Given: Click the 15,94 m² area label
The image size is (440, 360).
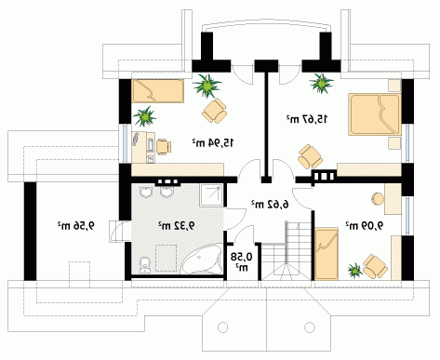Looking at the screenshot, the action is (213, 143).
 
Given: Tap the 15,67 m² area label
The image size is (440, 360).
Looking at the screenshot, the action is (307, 119).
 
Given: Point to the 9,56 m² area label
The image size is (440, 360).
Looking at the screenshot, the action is (76, 226).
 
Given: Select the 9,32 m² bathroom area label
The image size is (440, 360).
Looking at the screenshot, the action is (177, 225).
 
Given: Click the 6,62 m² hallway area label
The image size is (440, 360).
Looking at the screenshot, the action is (270, 205).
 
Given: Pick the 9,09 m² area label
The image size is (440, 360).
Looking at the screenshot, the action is (365, 225).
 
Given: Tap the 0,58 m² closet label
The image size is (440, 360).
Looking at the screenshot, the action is (242, 261).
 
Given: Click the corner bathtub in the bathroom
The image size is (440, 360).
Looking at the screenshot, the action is (202, 259).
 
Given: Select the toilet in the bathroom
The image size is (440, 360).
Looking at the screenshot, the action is (144, 265).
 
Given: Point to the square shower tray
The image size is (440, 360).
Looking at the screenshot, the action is (211, 195).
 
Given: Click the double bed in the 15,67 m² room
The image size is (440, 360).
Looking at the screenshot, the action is (375, 114).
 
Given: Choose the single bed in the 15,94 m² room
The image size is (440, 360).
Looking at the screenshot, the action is (158, 91).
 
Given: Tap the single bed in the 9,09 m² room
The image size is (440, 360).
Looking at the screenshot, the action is (327, 254).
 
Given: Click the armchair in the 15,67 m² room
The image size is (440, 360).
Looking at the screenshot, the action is (310, 156).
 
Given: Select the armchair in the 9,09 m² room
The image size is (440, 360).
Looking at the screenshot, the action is (375, 267).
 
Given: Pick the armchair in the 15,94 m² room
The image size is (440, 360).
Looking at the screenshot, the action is (215, 111).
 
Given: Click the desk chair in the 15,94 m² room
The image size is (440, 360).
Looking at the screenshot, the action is (164, 147).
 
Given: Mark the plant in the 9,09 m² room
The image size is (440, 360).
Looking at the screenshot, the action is (355, 271).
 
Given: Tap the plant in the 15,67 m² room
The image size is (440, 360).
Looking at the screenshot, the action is (321, 83).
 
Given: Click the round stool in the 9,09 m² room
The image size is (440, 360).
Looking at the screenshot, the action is (378, 199).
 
